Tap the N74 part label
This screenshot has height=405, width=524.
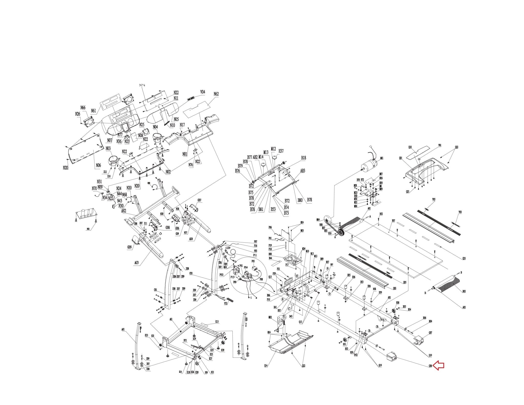(142, 85)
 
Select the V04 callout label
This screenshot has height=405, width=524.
(202, 92)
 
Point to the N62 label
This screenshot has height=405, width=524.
(216, 94)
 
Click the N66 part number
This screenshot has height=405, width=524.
(83, 107)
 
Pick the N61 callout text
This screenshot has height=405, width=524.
(93, 111)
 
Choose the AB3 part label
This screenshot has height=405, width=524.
(302, 171)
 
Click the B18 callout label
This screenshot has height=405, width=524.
(303, 158)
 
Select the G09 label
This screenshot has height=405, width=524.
(130, 247)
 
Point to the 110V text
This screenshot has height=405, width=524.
(227, 248)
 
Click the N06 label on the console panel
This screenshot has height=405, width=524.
(98, 166)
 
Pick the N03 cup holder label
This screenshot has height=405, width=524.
(108, 148)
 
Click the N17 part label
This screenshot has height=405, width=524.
(182, 125)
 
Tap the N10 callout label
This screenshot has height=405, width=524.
(172, 125)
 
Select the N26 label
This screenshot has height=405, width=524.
(78, 114)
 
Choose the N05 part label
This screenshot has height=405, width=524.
(176, 119)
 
